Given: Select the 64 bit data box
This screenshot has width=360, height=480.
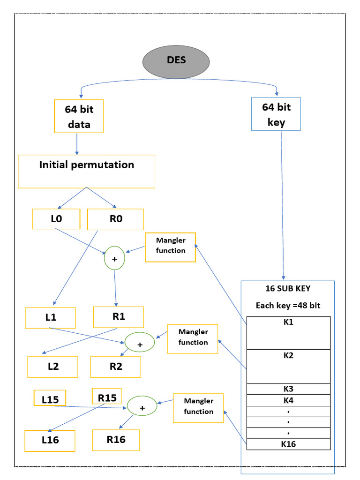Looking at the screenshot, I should click(79, 116).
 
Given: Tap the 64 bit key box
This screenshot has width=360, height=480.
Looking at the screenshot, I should click(276, 113).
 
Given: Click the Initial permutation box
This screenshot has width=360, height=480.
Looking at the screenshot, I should click(86, 172).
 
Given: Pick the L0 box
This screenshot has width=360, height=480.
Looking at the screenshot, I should click(56, 219).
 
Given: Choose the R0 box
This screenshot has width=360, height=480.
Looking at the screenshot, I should click(115, 219).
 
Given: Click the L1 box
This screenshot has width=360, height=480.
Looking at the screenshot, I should click(51, 317).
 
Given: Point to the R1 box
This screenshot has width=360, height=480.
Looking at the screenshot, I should click(119, 317).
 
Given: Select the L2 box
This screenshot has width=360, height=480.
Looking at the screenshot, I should click(52, 367).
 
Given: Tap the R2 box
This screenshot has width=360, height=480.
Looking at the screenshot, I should click(115, 367).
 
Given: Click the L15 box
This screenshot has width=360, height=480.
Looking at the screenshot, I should click(50, 398).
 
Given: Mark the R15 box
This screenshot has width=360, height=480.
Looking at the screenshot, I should click(107, 397).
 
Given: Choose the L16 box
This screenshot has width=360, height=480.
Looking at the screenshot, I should click(50, 440).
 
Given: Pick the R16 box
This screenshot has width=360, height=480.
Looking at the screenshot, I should click(116, 440).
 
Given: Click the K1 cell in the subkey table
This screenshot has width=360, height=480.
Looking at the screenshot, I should click(288, 333).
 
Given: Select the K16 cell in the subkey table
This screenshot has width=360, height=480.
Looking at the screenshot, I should click(288, 444).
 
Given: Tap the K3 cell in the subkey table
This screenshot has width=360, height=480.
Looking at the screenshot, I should click(288, 389).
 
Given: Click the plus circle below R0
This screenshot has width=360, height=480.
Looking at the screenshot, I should click(114, 258).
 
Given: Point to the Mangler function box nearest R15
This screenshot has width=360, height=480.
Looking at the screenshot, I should click(198, 407).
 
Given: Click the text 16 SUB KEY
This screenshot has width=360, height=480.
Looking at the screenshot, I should click(288, 288).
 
